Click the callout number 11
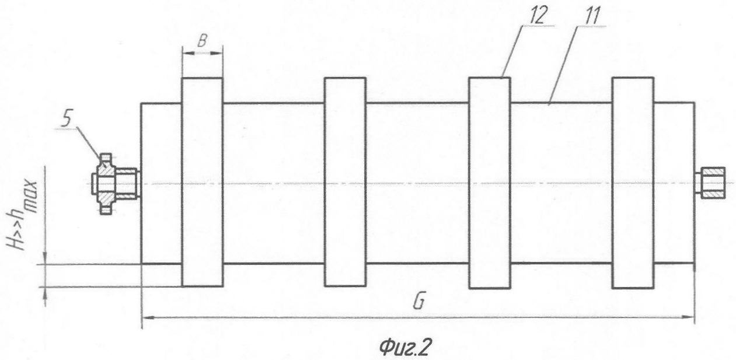click(592, 16)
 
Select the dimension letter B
click(203, 41)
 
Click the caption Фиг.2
click(404, 347)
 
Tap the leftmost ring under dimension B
click(203, 182)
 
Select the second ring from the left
click(346, 182)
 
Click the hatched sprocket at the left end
click(115, 184)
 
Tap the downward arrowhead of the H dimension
click(45, 257)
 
